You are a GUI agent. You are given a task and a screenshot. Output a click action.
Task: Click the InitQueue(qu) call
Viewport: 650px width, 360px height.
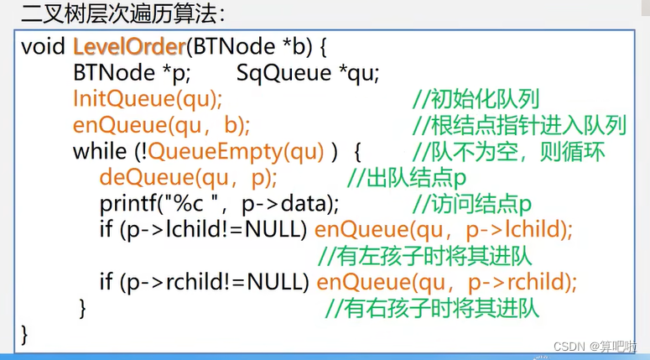click(148, 99)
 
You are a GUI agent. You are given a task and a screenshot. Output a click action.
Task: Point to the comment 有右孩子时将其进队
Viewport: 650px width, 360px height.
click(431, 308)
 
